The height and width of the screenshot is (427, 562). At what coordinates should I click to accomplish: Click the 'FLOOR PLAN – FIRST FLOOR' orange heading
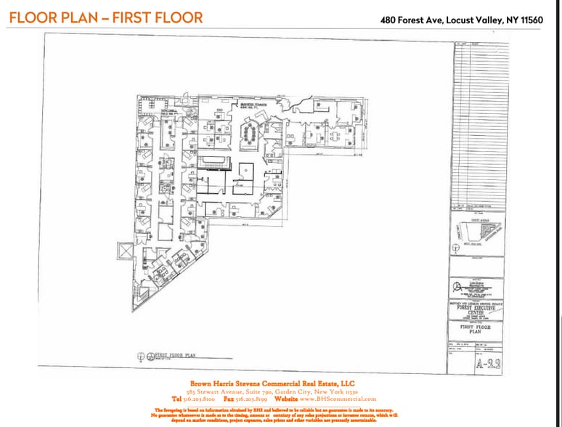pyautogui.click(x=106, y=17)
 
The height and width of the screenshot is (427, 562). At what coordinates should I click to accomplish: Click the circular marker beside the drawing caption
pyautogui.click(x=142, y=356)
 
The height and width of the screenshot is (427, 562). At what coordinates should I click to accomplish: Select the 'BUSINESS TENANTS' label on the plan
pyautogui.click(x=255, y=105)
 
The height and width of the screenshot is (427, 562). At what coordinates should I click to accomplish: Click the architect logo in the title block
pyautogui.click(x=459, y=286)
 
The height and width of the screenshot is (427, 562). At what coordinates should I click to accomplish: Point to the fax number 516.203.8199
pyautogui.click(x=248, y=399)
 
